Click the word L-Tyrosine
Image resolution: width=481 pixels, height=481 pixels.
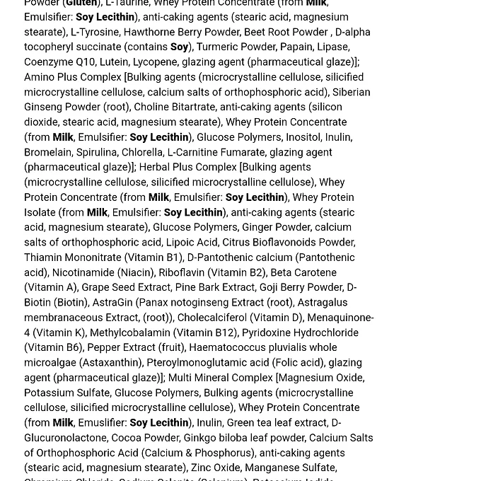(94, 32)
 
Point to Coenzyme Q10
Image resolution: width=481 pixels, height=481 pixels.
(59, 62)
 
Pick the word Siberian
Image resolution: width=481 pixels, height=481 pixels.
(351, 92)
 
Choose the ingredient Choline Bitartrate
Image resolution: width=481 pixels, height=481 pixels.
(174, 107)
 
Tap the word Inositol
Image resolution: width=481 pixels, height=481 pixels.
(303, 137)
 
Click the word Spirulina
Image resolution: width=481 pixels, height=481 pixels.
(97, 152)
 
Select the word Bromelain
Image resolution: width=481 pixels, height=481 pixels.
(48, 152)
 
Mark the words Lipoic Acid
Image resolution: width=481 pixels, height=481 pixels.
(192, 242)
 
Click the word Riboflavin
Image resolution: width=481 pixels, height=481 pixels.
(182, 272)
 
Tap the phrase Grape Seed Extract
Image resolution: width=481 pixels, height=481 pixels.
(127, 287)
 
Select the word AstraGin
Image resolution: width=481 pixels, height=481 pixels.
(112, 302)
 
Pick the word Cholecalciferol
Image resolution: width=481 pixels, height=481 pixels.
(211, 318)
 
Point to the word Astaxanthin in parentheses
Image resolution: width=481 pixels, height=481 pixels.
(112, 362)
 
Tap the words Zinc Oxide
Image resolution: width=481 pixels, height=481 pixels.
(216, 468)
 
